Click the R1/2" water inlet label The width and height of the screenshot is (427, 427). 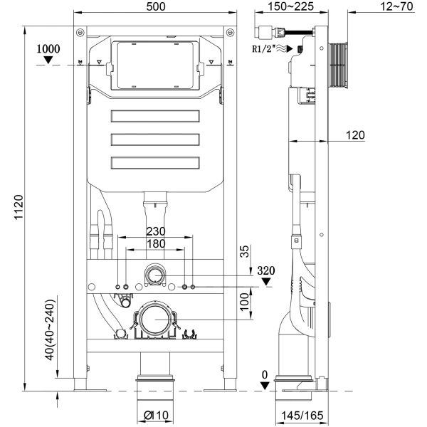[x=265, y=49]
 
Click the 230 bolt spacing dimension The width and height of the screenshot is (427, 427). [x=156, y=231]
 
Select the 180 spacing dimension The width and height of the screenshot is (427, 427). [x=156, y=244]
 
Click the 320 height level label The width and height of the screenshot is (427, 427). [x=266, y=270]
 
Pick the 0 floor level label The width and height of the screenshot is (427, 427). [x=265, y=374]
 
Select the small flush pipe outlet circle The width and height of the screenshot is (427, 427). [x=155, y=275]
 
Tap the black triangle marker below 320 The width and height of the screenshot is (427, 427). [x=266, y=282]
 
